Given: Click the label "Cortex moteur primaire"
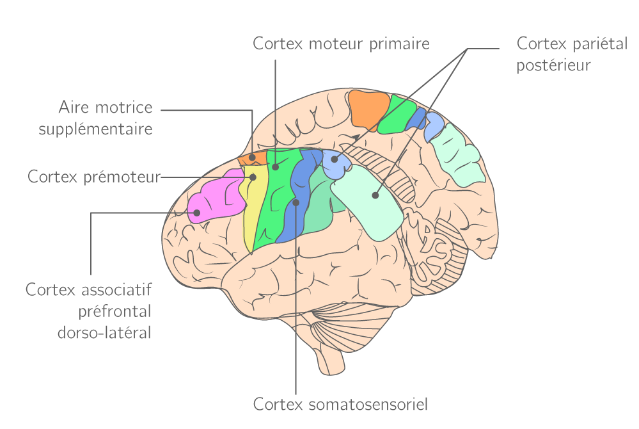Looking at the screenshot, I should pos(341,44).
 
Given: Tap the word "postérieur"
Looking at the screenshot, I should pos(553,65).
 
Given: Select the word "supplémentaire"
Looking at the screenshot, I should pos(95,129).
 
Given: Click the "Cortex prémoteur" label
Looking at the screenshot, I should pos(93,176).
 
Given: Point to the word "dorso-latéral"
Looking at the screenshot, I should pos(104,333).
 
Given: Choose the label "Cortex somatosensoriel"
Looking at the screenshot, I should pos(340,405).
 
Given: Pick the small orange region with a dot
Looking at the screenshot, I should pos(253,158).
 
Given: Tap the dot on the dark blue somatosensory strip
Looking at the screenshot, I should pos(296,202).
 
